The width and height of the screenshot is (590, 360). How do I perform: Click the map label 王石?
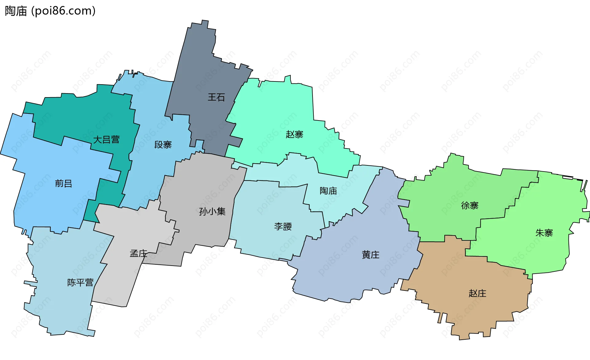pos(216,97)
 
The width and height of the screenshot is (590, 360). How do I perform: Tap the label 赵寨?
pos(294,134)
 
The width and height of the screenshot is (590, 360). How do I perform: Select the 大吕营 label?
pos(106,140)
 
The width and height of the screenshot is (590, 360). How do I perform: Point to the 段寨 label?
pos(163,145)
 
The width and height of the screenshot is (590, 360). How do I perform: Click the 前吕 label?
pos(64,184)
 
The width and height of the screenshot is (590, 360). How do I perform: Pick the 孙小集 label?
pos(212,212)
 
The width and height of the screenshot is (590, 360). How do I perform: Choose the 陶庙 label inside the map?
pos(328,191)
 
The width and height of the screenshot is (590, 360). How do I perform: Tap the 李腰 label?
pos(283,227)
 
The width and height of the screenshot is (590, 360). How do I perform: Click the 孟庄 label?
pos(138,254)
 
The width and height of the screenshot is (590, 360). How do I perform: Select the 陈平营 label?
pos(80,283)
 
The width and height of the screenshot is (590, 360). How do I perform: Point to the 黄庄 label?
pos(371,255)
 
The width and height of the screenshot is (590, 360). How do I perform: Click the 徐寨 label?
pos(470,206)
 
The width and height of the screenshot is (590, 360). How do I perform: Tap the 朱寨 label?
pos(544,233)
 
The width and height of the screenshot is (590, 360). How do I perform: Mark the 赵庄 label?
pos(477,293)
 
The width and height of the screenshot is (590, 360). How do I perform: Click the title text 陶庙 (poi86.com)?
pos(50,11)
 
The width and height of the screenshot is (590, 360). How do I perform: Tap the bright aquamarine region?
pos(277,108)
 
